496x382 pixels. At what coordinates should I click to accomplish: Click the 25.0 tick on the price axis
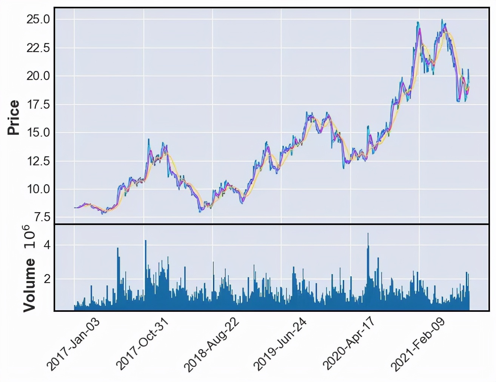[x=38, y=19]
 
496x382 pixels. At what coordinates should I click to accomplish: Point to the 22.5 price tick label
[x=38, y=48]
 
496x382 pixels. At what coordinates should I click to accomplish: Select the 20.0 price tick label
[x=38, y=76]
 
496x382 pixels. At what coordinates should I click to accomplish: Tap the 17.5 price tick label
[x=38, y=105]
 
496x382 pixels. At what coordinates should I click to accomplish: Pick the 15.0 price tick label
[x=38, y=132]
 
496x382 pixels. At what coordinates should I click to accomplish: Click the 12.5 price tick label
[x=38, y=161]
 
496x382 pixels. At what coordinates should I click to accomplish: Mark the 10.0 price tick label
[x=38, y=189]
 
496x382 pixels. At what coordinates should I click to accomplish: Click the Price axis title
[x=14, y=117]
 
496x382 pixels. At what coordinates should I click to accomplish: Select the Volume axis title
[x=29, y=285]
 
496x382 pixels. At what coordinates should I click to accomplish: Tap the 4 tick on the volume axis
[x=47, y=245]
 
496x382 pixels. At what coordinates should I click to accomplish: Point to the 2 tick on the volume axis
[x=47, y=279]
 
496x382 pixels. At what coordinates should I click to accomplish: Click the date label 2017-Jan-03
[x=73, y=344]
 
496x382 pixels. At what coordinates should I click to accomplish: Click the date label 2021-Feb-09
[x=417, y=344]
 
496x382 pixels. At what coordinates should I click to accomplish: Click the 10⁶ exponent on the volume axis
[x=29, y=237]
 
